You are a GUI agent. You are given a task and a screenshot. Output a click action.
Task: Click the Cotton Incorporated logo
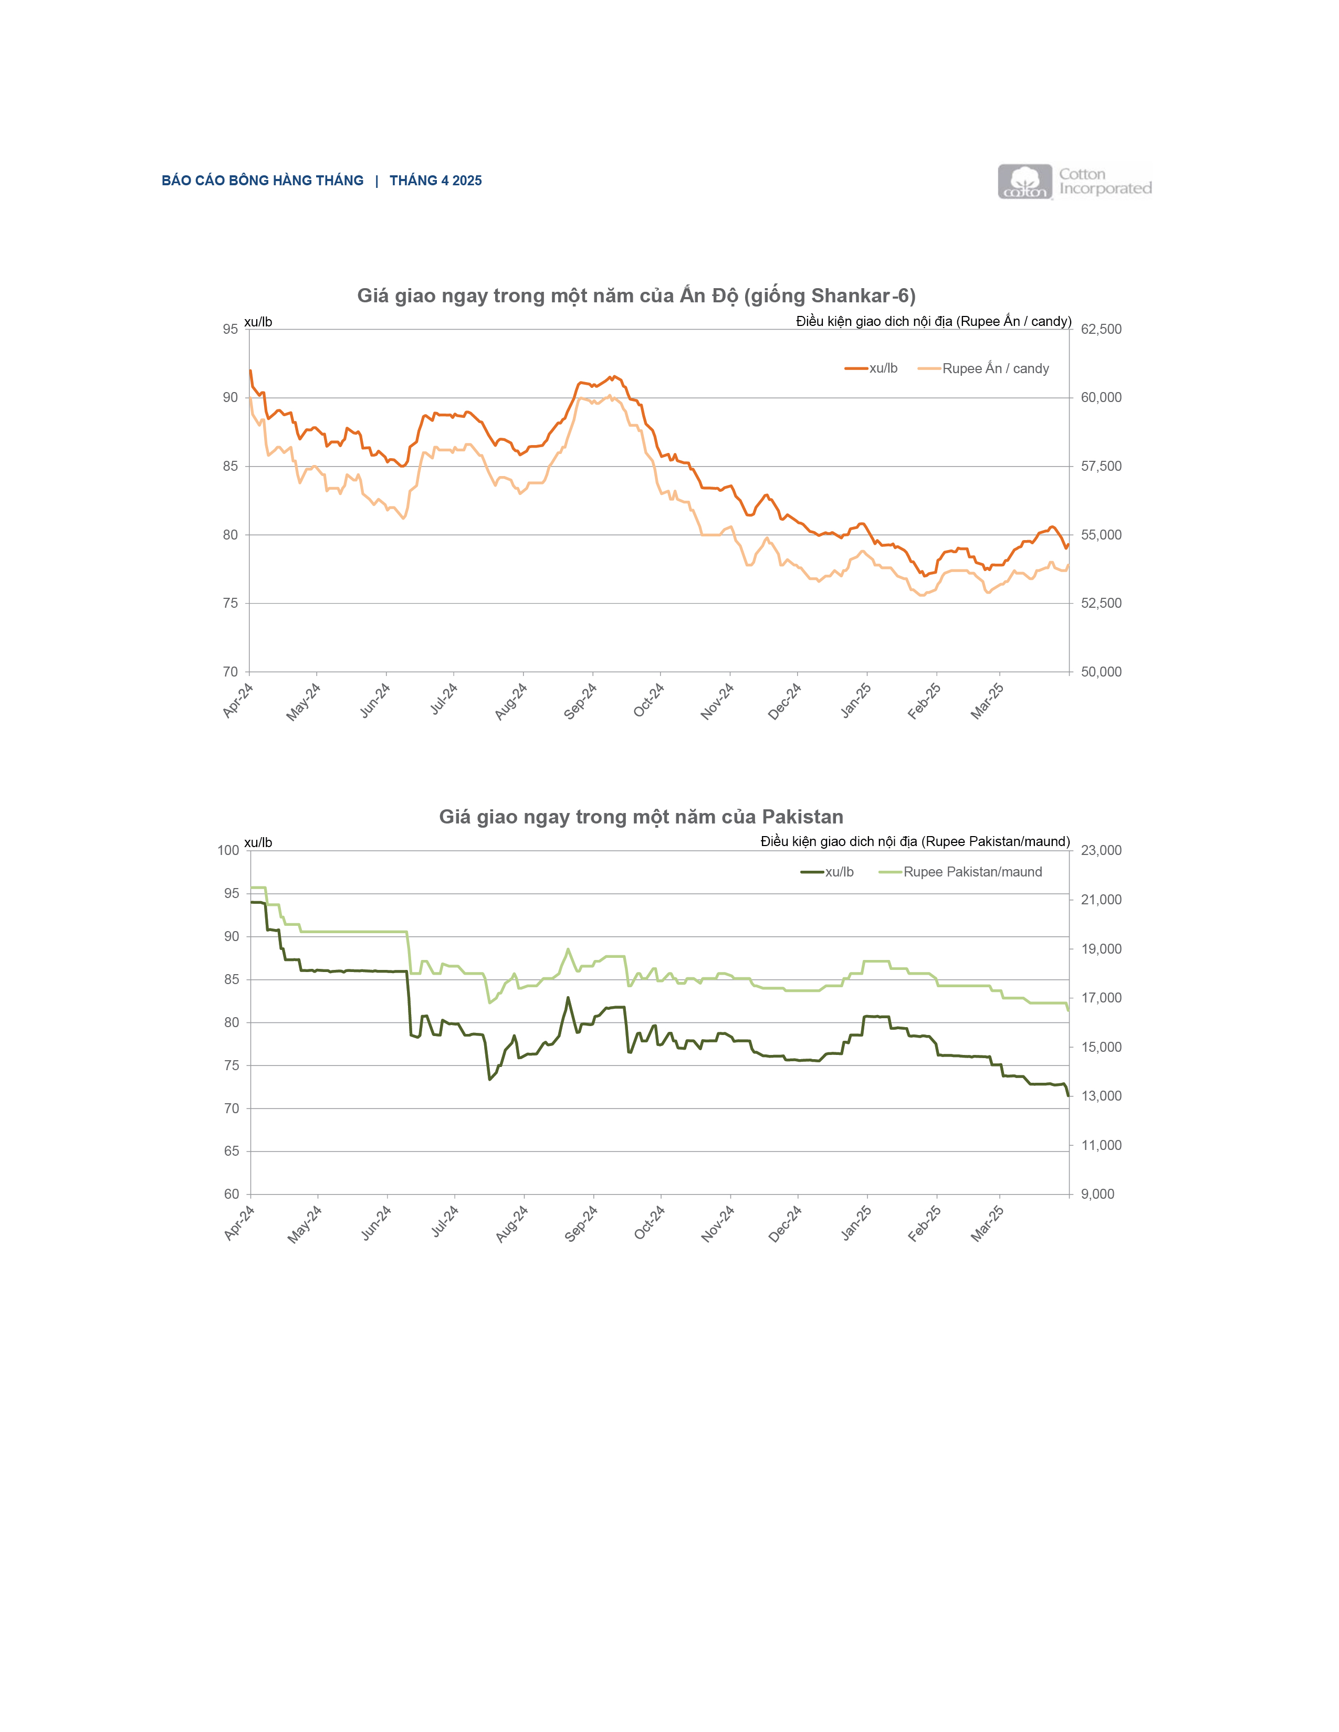(x=1074, y=182)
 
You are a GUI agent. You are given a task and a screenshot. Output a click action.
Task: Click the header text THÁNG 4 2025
(x=435, y=181)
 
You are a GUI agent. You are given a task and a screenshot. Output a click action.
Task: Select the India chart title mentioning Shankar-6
(x=636, y=296)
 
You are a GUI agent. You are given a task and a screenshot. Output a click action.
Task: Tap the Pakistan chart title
(x=641, y=817)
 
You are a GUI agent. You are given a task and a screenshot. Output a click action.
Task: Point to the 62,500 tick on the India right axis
(x=1101, y=329)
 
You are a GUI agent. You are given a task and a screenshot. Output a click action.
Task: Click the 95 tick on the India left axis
(x=230, y=329)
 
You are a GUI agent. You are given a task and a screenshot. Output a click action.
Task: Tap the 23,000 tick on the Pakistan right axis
(x=1101, y=850)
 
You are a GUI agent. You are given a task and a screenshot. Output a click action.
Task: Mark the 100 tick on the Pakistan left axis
(x=228, y=850)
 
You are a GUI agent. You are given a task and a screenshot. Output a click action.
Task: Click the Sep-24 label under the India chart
(x=581, y=701)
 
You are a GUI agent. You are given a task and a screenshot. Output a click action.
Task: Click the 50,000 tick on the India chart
(x=1101, y=672)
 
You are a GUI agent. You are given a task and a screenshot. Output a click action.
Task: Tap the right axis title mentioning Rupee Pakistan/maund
(x=915, y=841)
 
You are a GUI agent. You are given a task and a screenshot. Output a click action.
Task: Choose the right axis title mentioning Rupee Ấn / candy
(x=934, y=321)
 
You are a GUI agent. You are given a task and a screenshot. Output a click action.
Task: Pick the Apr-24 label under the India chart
(x=238, y=701)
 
